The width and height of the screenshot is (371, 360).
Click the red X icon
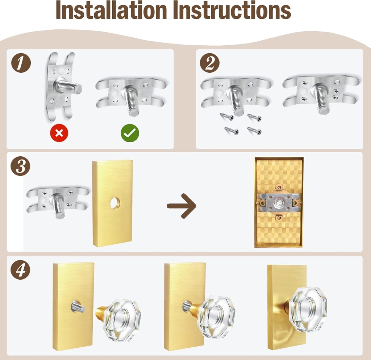tap(59, 133)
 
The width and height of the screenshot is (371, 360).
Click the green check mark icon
tap(130, 133)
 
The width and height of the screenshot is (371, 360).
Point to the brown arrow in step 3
tap(182, 206)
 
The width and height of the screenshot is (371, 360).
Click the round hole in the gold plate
tap(115, 203)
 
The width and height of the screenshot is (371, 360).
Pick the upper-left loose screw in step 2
tap(227, 117)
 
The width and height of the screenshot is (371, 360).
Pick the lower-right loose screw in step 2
tap(254, 131)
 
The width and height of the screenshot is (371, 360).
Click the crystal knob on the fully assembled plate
tap(308, 309)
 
